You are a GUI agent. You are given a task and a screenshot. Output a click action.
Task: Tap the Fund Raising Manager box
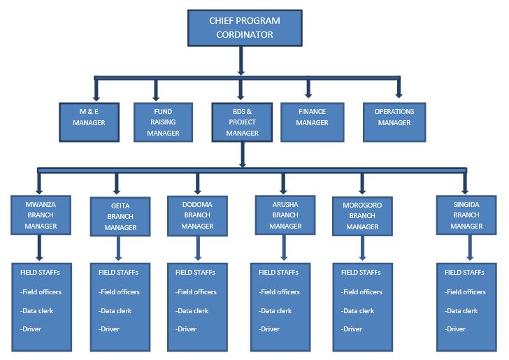point(163,122)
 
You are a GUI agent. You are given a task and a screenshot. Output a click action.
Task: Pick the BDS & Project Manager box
point(242,122)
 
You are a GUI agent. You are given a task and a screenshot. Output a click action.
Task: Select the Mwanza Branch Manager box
point(41,215)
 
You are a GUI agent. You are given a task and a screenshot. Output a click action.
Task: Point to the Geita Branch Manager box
point(120,216)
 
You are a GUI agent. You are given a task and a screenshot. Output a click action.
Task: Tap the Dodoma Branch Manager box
point(197,215)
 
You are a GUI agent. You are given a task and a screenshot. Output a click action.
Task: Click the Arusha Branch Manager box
point(285,215)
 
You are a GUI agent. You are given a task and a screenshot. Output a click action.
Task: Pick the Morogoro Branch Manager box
point(362,215)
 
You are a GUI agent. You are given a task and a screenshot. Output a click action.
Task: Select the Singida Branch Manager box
point(466,215)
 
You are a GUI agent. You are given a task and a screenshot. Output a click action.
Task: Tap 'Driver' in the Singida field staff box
point(456,329)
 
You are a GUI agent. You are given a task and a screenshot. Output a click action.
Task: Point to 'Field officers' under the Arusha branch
point(278,291)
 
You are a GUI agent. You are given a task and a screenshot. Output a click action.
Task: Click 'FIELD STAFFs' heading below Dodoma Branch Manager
point(195,273)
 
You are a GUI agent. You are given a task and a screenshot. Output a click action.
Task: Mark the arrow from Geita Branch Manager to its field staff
point(117,248)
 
